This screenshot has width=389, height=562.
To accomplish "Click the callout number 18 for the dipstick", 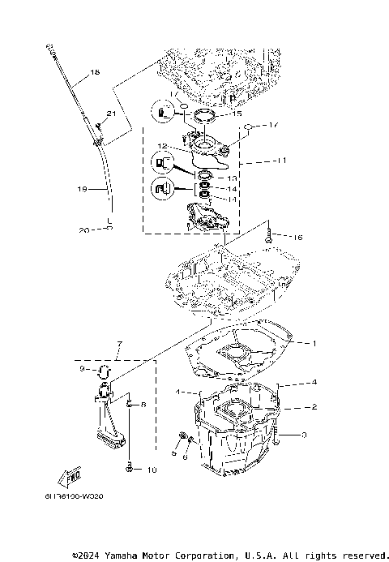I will (x=95, y=73).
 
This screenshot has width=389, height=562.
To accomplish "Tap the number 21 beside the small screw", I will (x=111, y=113).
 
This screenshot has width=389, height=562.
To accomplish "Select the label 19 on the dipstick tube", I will (x=81, y=189).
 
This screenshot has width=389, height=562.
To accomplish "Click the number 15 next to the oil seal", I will (x=237, y=114).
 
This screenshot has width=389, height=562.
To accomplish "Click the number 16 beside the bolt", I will (x=276, y=238).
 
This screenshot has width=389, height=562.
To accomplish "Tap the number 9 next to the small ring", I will (x=81, y=369).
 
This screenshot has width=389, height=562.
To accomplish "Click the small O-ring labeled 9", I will (x=103, y=371).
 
